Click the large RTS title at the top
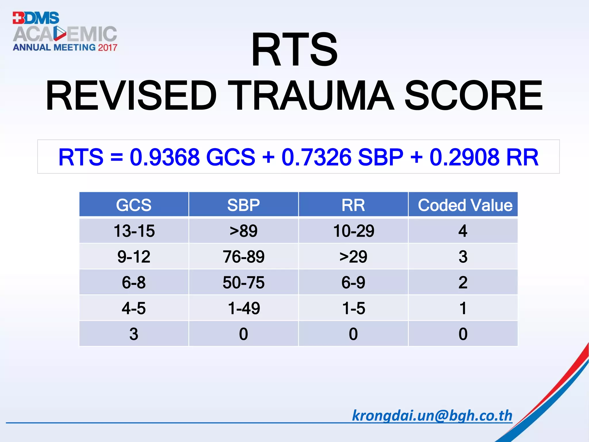point(294,49)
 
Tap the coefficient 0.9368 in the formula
point(164,157)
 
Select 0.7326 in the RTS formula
point(316,157)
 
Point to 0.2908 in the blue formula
point(464,157)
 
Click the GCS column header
point(134,205)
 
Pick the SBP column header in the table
point(243,205)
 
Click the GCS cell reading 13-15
point(134,231)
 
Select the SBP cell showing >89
point(243,231)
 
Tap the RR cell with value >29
point(353,256)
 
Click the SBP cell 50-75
point(243,282)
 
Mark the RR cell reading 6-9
point(353,282)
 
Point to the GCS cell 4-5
point(134,308)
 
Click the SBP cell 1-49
point(244,308)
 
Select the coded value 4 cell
point(463,231)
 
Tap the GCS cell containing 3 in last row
point(134,334)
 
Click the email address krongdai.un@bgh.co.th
point(432,416)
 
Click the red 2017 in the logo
point(108,47)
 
